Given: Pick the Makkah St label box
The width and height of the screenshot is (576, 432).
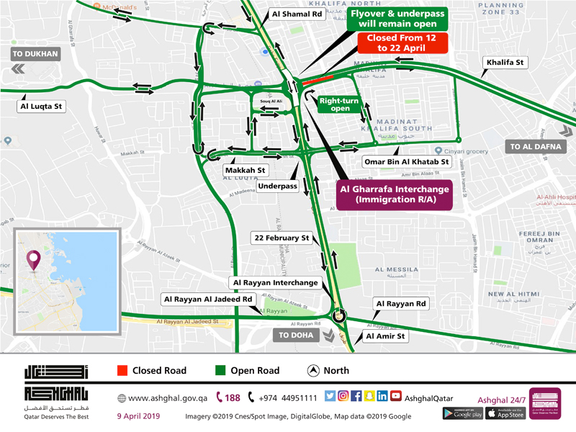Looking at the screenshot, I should [x=246, y=171].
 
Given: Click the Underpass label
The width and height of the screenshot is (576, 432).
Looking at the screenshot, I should [x=278, y=186].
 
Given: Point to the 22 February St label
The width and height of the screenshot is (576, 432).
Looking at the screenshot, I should [x=281, y=237].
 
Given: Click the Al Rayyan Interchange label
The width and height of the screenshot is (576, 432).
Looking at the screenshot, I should [x=274, y=283].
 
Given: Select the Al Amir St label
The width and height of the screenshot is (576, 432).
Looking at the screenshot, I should [x=387, y=336].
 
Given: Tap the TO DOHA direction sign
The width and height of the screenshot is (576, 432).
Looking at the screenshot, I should [x=294, y=335].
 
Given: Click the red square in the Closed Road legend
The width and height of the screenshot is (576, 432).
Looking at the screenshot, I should [x=122, y=371].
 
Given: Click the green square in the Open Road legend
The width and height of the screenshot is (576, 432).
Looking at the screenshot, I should [x=221, y=371].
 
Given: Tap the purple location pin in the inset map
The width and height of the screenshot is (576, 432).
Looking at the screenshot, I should [x=34, y=258].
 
